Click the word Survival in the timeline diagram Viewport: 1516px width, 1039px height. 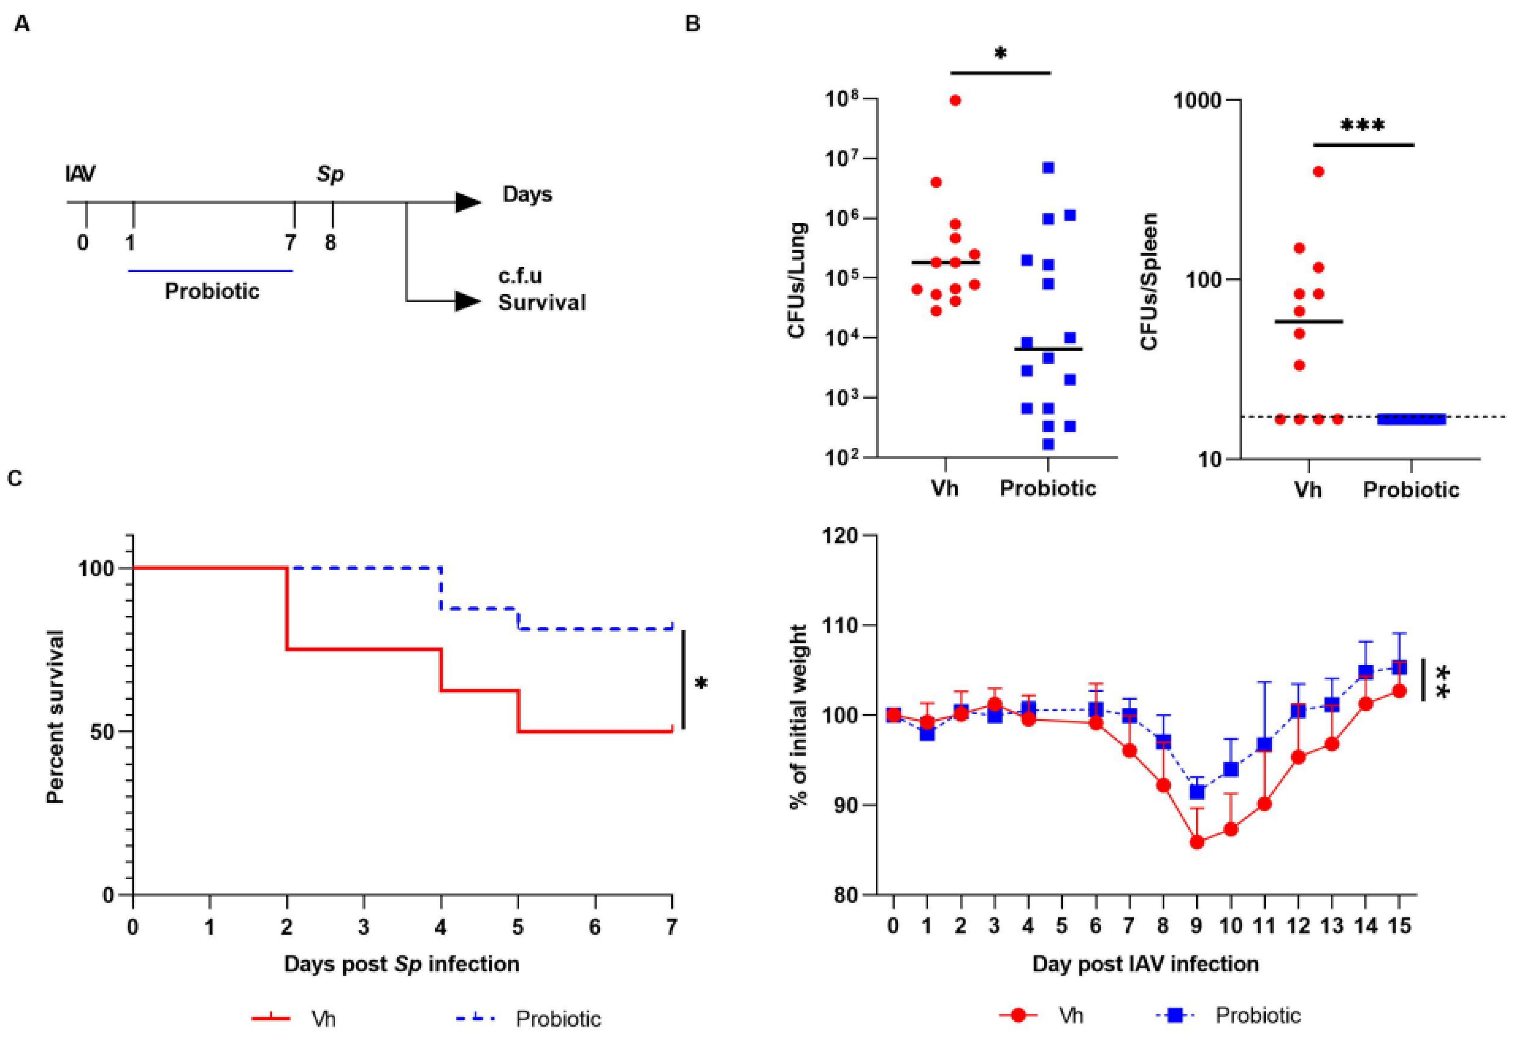pos(542,302)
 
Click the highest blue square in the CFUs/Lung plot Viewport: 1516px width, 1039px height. pos(1048,168)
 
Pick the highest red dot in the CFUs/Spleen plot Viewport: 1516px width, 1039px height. pos(1318,172)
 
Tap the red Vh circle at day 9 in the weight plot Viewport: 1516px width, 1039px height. pos(1196,843)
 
